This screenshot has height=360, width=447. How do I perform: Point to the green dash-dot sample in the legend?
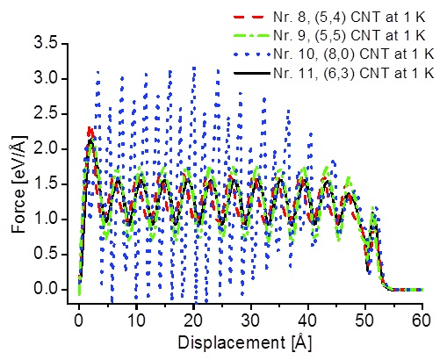point(251,35)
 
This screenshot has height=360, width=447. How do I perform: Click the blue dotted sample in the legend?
point(251,54)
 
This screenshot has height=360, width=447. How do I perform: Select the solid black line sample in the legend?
point(251,73)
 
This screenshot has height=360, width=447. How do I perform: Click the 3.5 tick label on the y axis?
point(47,44)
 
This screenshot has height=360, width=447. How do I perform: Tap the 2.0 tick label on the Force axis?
point(47,149)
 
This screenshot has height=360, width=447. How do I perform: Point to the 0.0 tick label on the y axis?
point(47,290)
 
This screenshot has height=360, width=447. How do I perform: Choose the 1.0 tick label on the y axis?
point(47,220)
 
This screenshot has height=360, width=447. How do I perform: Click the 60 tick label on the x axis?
point(422,320)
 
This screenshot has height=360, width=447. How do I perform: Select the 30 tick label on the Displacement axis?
point(250,320)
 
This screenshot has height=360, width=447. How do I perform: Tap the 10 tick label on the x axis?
point(136,320)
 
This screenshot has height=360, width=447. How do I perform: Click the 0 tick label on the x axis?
point(79,320)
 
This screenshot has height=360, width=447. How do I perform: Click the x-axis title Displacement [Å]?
point(245,343)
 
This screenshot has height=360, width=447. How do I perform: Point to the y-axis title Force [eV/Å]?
point(19,184)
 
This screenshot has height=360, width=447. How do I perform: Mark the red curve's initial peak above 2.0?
point(90,131)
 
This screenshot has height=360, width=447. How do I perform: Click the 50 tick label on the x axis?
point(365,320)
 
